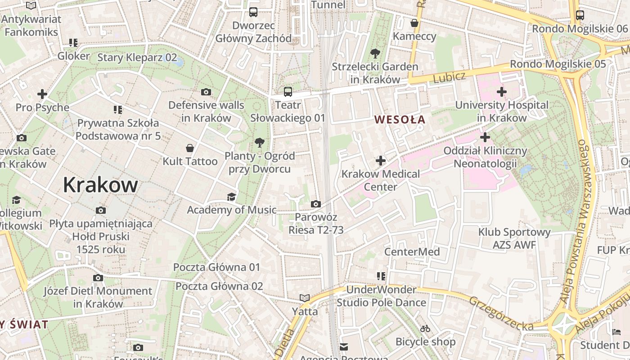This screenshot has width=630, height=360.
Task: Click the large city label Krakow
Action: click(100, 185)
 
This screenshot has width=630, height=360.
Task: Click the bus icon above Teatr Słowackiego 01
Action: click(288, 92)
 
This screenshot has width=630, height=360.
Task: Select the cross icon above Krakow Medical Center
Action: click(381, 160)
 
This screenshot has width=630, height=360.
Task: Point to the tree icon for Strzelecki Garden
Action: click(375, 54)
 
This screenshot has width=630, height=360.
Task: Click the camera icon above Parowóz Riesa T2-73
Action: click(316, 204)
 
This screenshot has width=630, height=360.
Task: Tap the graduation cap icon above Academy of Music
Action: click(231, 197)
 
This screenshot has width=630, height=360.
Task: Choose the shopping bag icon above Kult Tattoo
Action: click(190, 148)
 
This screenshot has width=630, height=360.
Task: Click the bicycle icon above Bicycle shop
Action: click(425, 329)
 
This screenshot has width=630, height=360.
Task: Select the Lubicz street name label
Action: click(449, 77)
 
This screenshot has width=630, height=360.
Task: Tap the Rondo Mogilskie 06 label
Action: click(580, 29)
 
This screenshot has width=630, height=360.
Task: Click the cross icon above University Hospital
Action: click(502, 92)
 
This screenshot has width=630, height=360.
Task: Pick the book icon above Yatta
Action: click(305, 298)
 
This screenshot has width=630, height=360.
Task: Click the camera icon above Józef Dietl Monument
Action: click(98, 278)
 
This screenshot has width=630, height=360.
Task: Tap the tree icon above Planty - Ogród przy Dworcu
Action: click(259, 143)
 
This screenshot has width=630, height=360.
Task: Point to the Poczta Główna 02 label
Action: click(219, 286)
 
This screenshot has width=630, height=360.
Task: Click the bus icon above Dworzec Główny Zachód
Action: click(253, 12)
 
